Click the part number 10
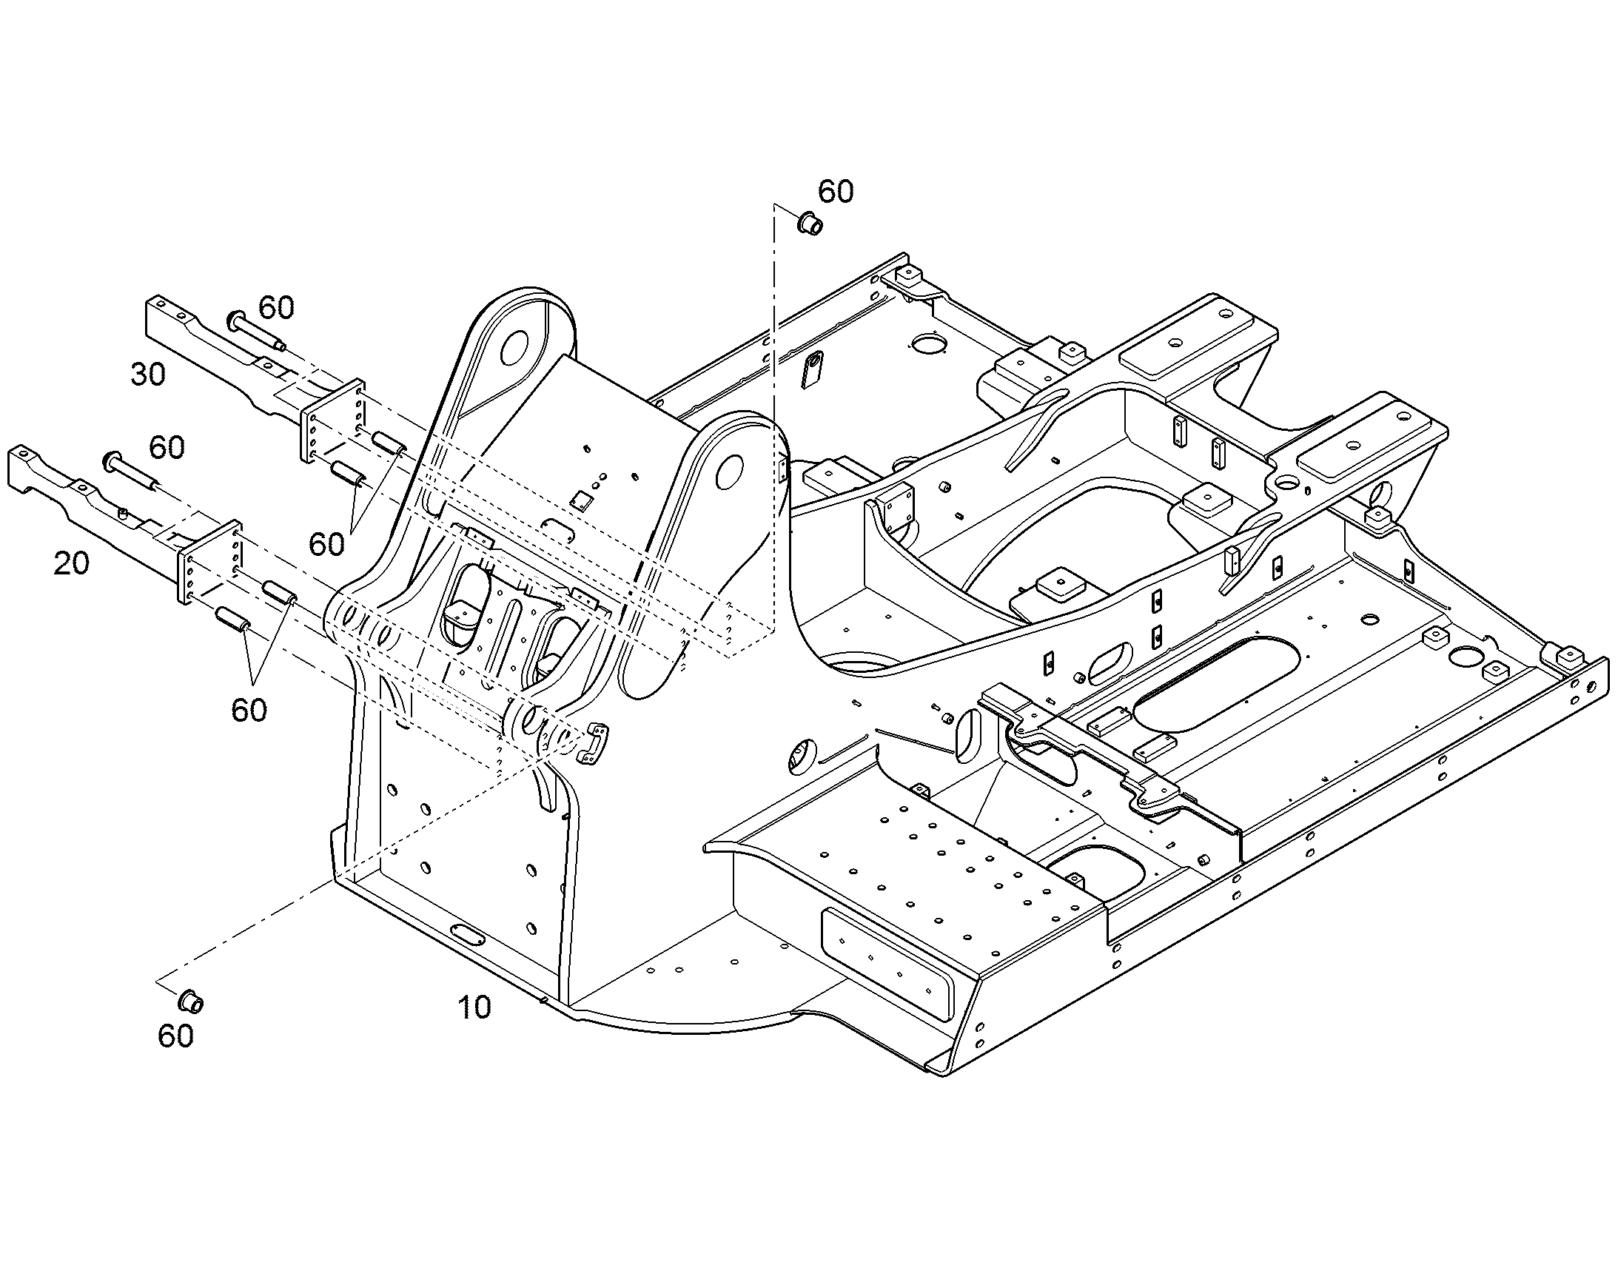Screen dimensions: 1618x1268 point(474,1007)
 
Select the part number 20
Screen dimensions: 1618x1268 point(71,564)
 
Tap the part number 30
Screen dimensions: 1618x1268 point(148,374)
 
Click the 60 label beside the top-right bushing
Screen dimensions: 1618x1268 point(836,192)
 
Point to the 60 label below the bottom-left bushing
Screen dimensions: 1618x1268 point(176,1036)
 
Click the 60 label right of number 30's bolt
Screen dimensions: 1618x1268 point(276,306)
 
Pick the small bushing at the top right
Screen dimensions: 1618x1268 point(810,222)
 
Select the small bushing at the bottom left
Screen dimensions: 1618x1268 point(191,1000)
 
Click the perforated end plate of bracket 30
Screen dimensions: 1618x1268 point(332,422)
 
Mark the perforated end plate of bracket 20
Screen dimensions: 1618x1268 point(209,561)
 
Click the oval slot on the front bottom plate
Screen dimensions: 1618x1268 point(467,936)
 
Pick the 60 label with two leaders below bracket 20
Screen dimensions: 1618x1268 point(249,711)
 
